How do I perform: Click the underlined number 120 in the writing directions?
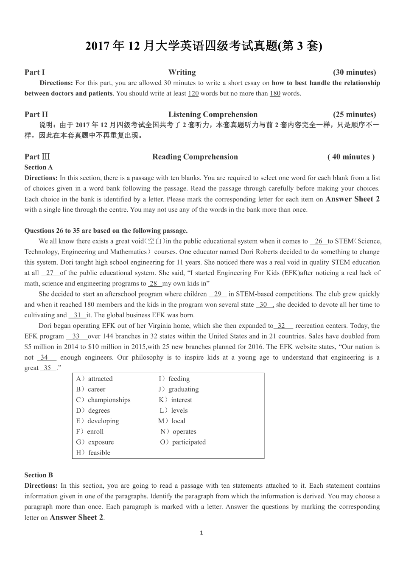tap(193, 93)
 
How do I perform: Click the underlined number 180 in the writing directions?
tap(275, 93)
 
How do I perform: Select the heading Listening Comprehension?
tap(213, 115)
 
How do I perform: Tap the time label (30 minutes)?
tap(354, 72)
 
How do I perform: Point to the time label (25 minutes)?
tap(354, 115)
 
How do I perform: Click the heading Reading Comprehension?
tap(195, 157)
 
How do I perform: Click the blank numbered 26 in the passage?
tap(319, 241)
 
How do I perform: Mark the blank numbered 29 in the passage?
tap(218, 294)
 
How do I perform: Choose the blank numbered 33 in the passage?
tap(76, 336)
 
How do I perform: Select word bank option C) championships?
tap(104, 400)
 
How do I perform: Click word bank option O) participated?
tap(183, 442)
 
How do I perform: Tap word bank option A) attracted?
tap(95, 379)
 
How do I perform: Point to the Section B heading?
tap(39, 475)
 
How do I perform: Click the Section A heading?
tap(39, 168)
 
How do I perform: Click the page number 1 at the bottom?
tap(201, 533)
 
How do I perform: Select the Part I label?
tap(34, 72)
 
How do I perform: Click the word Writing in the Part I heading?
tap(182, 72)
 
